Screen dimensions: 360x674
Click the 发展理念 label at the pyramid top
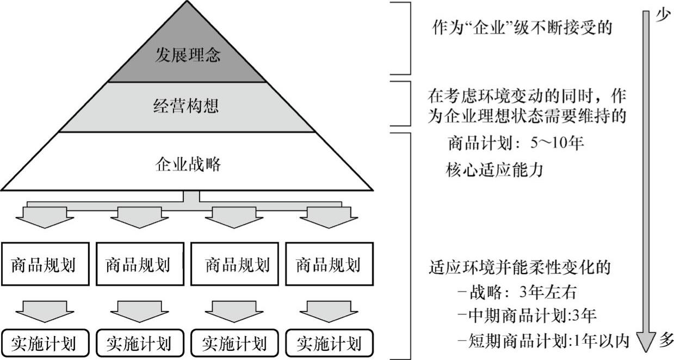[x=187, y=55]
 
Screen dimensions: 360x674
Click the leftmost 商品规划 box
[x=44, y=265]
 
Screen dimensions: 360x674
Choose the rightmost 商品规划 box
[x=328, y=265]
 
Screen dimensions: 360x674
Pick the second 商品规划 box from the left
[x=139, y=265]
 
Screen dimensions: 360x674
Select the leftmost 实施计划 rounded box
[x=44, y=343]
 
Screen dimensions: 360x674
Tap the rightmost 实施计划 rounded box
[x=329, y=343]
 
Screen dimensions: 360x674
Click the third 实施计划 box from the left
[x=234, y=343]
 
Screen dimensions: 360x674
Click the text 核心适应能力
[x=493, y=170]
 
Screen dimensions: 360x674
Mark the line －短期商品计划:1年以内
[x=543, y=341]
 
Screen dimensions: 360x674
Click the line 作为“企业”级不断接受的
[x=521, y=28]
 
